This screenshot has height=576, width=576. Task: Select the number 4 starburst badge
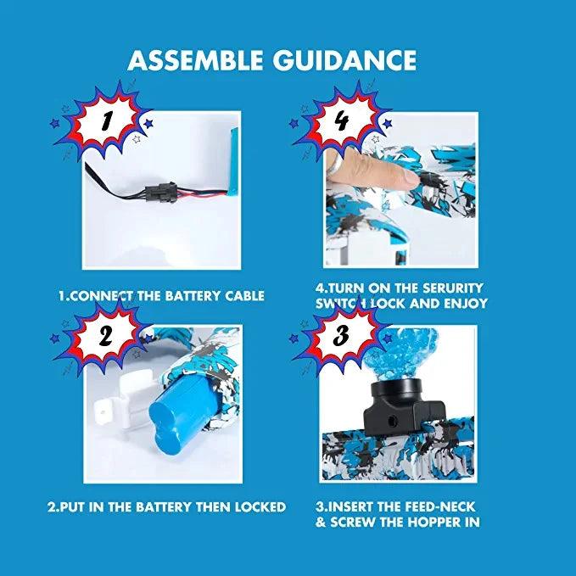[x=340, y=121]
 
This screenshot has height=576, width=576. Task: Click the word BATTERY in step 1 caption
[x=181, y=296]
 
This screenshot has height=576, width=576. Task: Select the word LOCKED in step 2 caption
[x=255, y=506]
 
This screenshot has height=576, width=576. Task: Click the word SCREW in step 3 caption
[x=355, y=523]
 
